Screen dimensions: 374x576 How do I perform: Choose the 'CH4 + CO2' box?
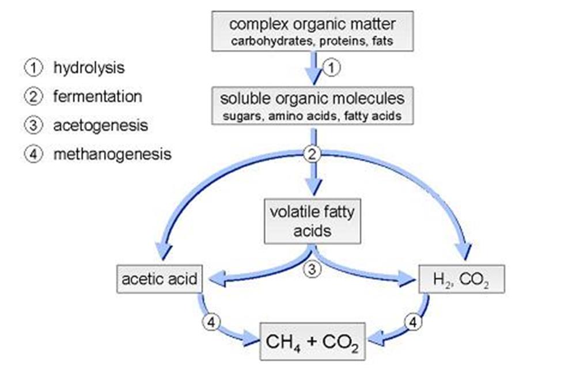[x=313, y=341]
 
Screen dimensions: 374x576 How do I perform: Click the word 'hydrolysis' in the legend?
[x=88, y=68]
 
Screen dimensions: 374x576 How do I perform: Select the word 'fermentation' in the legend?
[x=97, y=96]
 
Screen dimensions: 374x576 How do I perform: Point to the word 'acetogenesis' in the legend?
[x=100, y=125]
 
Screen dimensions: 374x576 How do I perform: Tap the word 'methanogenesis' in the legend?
[x=112, y=154]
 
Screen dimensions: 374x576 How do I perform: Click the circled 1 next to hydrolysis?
[x=32, y=68]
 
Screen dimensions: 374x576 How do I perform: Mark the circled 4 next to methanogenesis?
[x=32, y=154]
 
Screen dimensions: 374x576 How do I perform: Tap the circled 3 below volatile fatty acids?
[x=312, y=270]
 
